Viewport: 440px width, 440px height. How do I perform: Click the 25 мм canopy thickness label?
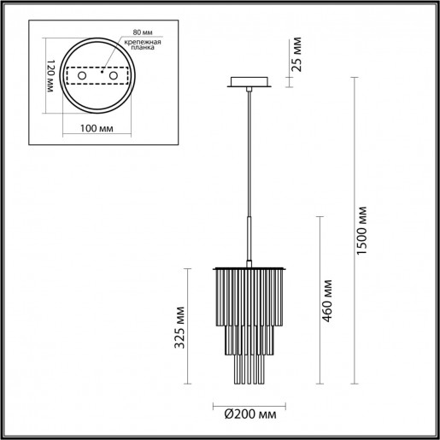tap(296, 55)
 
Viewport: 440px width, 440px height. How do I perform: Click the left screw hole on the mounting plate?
tap(83, 77)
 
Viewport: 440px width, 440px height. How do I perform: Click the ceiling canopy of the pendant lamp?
tap(248, 84)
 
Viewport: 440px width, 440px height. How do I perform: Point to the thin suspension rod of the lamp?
tap(248, 154)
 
